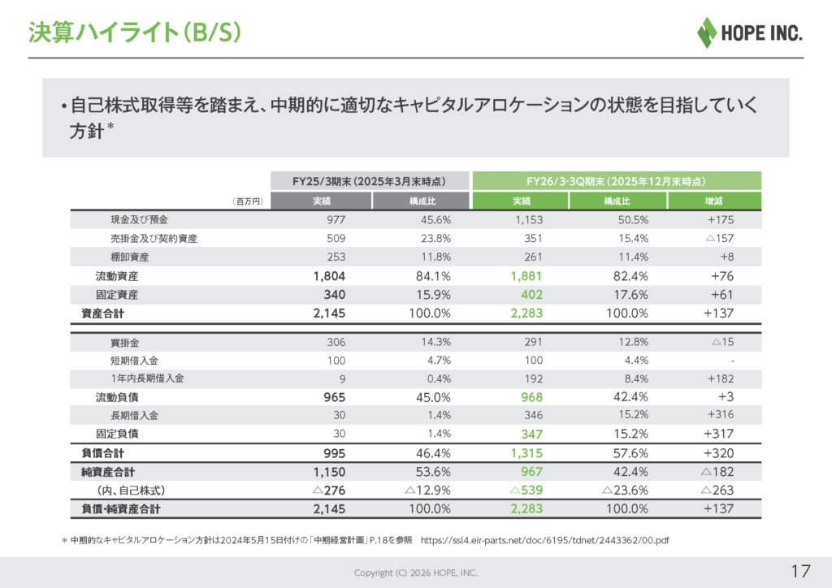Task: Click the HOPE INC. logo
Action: (750, 32)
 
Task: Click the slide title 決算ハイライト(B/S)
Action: (134, 32)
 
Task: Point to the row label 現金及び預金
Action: (140, 220)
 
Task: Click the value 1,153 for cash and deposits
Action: (528, 220)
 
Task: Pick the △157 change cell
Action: (718, 239)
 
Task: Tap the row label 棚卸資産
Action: (130, 257)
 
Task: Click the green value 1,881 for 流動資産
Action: (526, 276)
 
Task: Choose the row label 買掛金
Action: (125, 343)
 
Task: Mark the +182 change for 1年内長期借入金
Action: (719, 378)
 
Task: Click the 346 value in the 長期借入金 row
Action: (533, 416)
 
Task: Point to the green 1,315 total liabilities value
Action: (526, 453)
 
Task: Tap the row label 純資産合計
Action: (108, 472)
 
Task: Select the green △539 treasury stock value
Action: (526, 491)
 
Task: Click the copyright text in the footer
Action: (415, 573)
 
